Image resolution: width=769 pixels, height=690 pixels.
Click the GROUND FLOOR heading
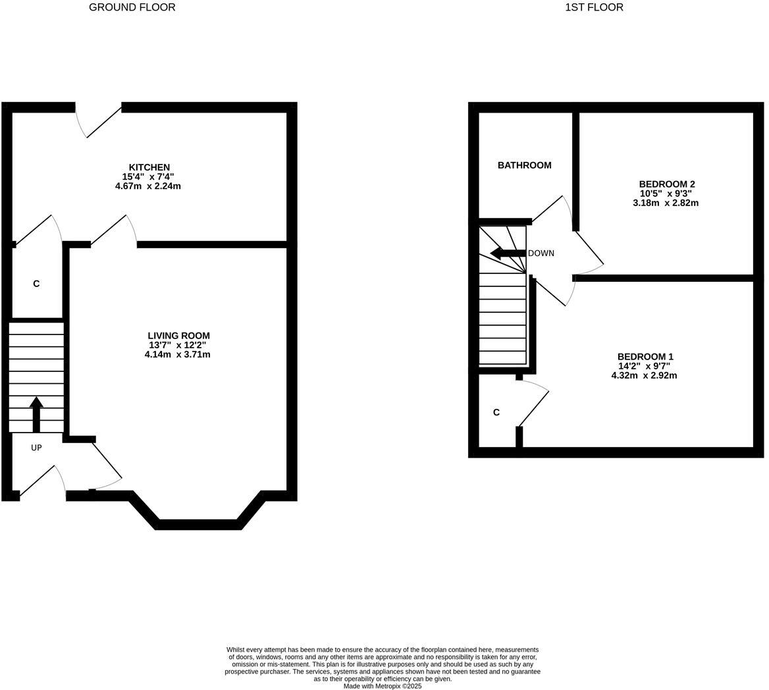(132, 7)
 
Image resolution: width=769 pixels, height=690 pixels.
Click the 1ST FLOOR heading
(594, 7)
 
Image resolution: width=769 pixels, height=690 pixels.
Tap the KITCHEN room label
(149, 167)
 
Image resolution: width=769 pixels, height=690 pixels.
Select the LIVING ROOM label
(178, 336)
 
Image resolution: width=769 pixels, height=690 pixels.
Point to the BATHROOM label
(524, 165)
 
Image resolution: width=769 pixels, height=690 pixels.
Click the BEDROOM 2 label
(666, 184)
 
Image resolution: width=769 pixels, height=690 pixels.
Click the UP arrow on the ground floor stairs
(36, 413)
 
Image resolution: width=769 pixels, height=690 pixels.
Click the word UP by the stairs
(36, 448)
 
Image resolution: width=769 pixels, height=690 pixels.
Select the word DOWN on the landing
(541, 253)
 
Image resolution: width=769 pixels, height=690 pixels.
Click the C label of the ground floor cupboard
(36, 284)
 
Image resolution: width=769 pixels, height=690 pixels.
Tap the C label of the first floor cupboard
(496, 413)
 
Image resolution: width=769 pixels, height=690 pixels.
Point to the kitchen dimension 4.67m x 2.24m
(147, 186)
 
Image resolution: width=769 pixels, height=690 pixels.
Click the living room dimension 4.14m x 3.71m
(178, 355)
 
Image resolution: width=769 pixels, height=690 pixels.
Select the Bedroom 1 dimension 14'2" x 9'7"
(644, 366)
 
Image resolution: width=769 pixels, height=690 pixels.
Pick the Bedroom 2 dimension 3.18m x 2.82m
(666, 203)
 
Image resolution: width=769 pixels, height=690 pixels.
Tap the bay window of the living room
(198, 524)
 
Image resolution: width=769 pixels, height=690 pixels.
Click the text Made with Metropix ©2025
(383, 686)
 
